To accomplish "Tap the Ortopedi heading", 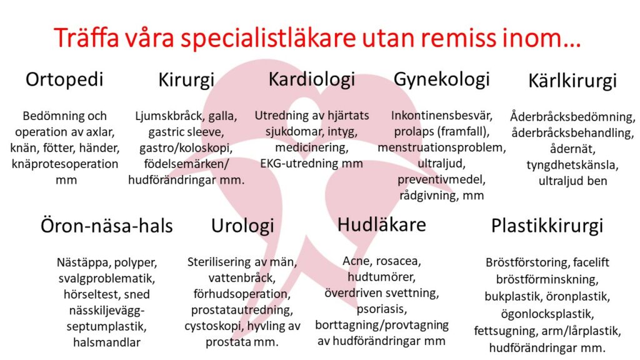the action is [64, 80].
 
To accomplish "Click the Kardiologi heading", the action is [312, 80].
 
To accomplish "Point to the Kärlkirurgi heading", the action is [572, 81].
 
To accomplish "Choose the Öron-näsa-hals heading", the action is [106, 226].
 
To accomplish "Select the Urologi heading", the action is [242, 226].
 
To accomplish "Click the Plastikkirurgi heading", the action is [547, 226].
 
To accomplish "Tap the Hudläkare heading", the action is [382, 225].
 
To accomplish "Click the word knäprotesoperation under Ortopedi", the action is [65, 164].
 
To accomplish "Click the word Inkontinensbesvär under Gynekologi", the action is [442, 116].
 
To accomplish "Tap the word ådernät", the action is [572, 149].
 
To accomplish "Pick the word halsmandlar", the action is [106, 342].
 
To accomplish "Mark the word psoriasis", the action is [382, 309].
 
